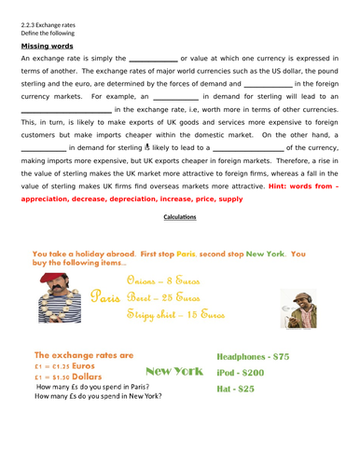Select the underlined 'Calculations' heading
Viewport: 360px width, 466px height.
tap(179, 217)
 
